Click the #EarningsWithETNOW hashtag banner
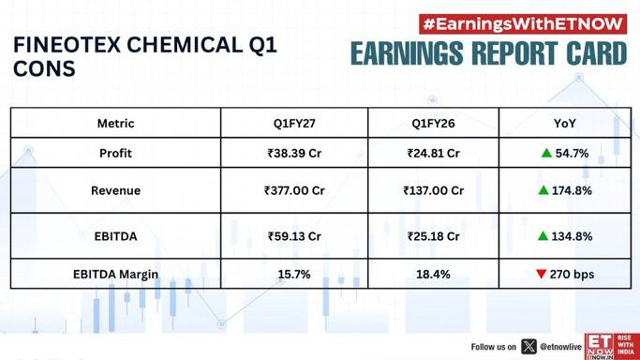point(523,24)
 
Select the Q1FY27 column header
point(294,123)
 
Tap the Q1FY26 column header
point(433,123)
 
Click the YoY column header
point(564,123)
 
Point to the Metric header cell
point(115,123)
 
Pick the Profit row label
point(115,153)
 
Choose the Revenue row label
point(115,190)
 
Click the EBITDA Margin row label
point(115,274)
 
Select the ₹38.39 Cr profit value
point(294,153)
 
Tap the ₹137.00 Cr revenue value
point(433,190)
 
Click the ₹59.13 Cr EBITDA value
point(294,236)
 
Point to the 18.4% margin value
point(433,274)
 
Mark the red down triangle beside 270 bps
point(542,274)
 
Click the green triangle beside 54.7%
point(546,153)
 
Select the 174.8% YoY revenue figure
point(572,190)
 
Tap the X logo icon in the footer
point(529,347)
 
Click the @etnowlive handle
point(560,347)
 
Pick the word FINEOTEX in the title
point(67,45)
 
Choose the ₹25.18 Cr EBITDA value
point(433,236)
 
